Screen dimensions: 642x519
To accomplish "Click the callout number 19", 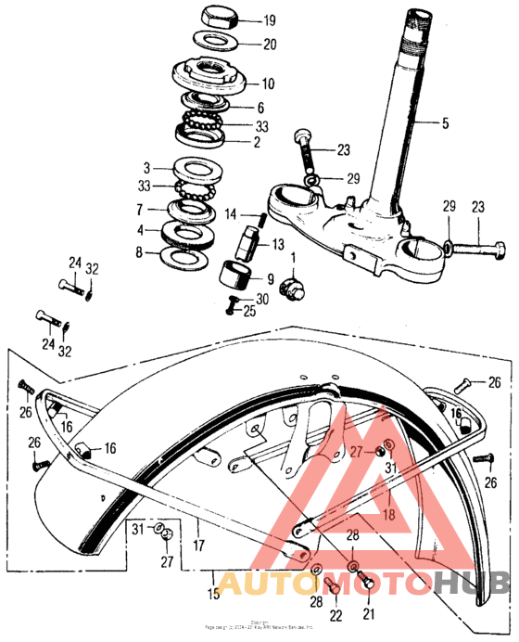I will (270, 20).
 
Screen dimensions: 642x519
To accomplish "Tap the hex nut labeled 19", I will (220, 17).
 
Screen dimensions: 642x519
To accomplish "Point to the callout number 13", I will (277, 245).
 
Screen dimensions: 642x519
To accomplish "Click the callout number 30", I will (263, 299).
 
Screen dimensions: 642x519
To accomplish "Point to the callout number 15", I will (214, 592).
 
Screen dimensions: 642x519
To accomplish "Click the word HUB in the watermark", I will (471, 583).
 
